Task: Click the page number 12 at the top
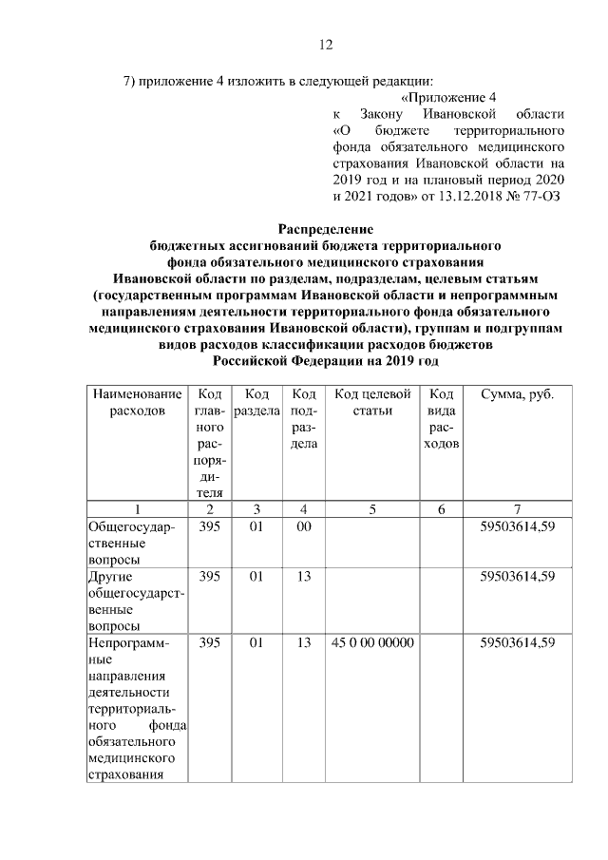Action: point(324,45)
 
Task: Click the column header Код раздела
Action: point(256,402)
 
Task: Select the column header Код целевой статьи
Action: point(372,402)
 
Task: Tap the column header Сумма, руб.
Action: point(518,393)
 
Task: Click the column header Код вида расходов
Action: point(442,419)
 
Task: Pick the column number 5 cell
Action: point(372,508)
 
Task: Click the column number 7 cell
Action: point(518,508)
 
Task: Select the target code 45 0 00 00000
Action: point(372,643)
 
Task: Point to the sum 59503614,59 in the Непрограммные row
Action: point(518,643)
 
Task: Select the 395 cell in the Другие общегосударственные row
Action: point(210,575)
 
